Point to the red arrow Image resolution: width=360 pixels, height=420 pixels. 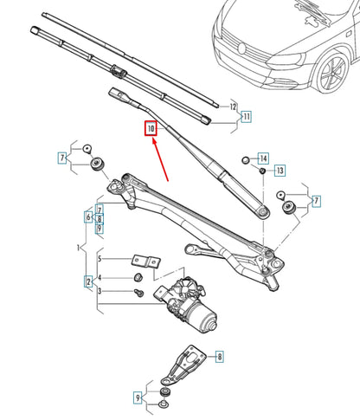[162, 160]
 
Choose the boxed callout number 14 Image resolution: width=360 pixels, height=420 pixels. [263, 158]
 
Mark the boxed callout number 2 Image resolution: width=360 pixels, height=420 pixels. [88, 281]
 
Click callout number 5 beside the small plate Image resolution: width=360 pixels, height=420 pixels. [100, 259]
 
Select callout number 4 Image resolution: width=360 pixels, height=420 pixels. [100, 278]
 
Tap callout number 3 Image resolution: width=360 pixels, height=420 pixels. [100, 292]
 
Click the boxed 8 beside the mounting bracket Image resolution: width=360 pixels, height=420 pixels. [219, 356]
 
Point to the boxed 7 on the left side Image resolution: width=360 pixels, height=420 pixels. [62, 157]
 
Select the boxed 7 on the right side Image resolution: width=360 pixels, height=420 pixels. [315, 201]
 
